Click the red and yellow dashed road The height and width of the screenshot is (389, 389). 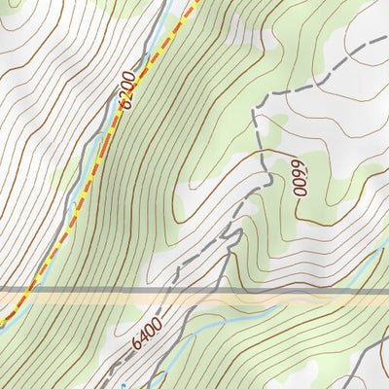[x=97, y=175]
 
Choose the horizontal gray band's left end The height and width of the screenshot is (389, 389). [x=3, y=290]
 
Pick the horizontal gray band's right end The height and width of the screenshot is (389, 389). [x=386, y=290]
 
